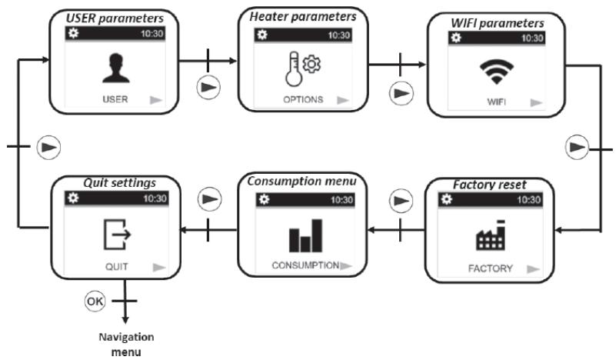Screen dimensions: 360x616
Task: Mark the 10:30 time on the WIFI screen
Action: (x=531, y=38)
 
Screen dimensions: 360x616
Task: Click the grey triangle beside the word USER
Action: (x=155, y=99)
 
